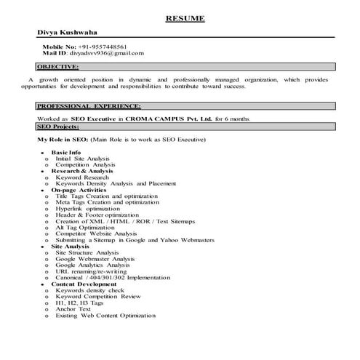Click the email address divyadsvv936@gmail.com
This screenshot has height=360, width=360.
pyautogui.click(x=107, y=53)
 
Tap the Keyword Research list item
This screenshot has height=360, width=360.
pyautogui.click(x=82, y=177)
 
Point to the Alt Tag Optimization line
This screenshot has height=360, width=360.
pyautogui.click(x=85, y=227)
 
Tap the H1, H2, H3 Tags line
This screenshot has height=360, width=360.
pyautogui.click(x=74, y=303)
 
